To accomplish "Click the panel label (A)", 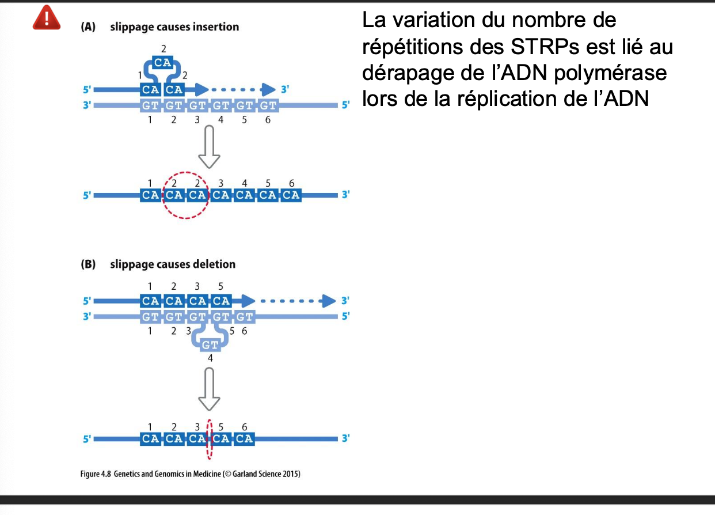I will click(88, 27).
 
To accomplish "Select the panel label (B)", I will click(88, 264).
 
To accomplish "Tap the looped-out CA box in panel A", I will click(163, 62).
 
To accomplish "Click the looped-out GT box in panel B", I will click(210, 345).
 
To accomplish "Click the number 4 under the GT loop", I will click(210, 358).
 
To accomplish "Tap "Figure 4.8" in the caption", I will click(95, 474).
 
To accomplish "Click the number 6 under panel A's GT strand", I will click(268, 120).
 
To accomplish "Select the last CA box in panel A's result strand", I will click(291, 195).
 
